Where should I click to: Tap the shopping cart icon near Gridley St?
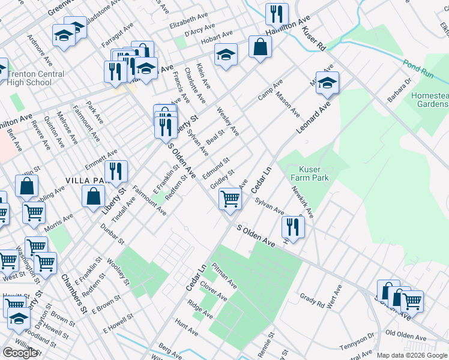click(230, 199)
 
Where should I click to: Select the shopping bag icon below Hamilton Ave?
click(260, 47)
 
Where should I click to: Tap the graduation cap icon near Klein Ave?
click(226, 55)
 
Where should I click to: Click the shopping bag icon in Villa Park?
click(94, 196)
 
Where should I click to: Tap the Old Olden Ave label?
click(405, 333)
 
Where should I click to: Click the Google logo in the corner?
click(20, 352)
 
